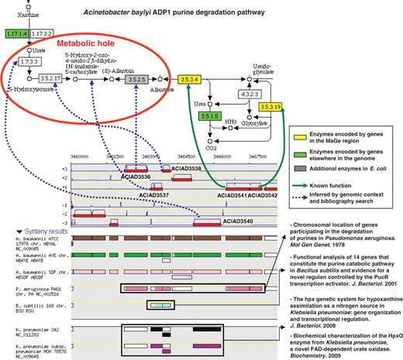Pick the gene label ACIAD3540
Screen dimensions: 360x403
click(x=239, y=221)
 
